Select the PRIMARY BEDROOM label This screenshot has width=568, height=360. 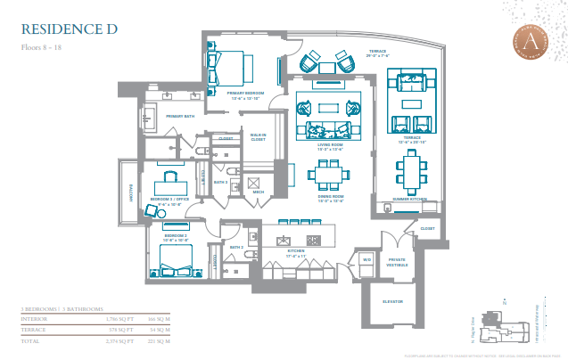click(x=246, y=94)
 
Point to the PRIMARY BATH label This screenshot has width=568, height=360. click(x=179, y=116)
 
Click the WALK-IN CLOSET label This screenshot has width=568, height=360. click(x=258, y=137)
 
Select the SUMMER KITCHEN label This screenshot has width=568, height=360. click(x=410, y=199)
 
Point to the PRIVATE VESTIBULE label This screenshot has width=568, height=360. click(x=396, y=263)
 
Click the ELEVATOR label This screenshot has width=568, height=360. click(x=392, y=300)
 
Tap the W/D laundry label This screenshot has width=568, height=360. click(x=366, y=259)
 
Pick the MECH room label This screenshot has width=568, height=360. click(x=259, y=192)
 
